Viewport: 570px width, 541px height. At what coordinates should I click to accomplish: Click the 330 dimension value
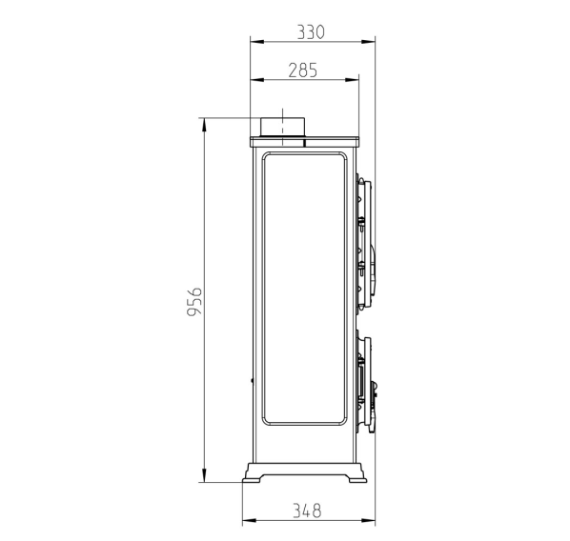(x=311, y=32)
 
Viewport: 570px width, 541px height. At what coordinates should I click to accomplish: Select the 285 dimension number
(x=302, y=70)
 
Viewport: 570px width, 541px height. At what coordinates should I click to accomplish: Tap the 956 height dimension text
(x=194, y=302)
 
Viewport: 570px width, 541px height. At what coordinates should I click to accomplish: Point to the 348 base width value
(x=307, y=511)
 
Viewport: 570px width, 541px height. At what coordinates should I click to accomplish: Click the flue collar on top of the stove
(x=282, y=128)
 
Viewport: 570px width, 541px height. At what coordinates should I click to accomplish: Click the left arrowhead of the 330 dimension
(x=257, y=42)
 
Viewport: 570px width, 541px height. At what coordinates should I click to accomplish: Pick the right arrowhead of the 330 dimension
(x=368, y=42)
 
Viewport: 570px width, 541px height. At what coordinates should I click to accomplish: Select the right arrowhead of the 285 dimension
(x=353, y=80)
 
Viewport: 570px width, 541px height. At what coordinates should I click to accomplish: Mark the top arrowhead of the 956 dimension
(x=204, y=125)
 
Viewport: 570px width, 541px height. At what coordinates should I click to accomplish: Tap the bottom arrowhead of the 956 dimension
(x=204, y=475)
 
